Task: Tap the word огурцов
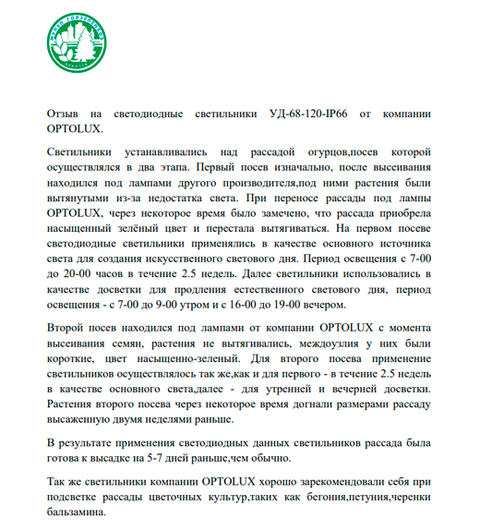tap(321, 151)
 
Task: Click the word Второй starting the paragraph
tap(68, 329)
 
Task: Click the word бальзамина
tap(79, 520)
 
